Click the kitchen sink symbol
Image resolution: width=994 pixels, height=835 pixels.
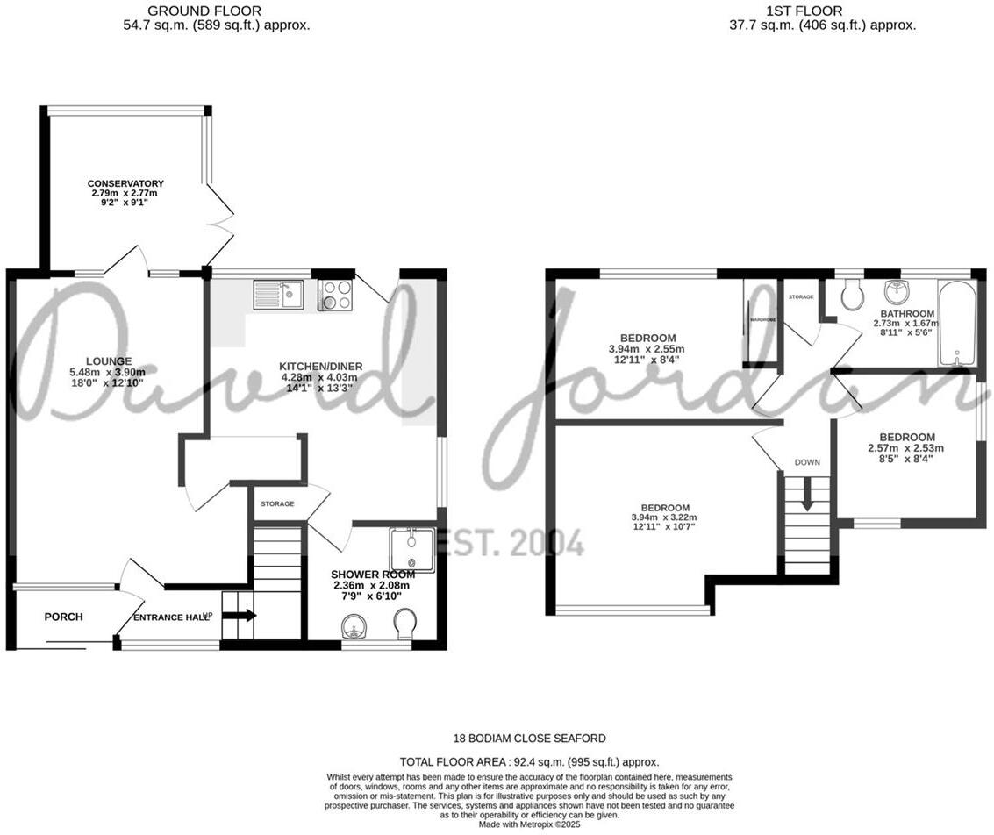(x=278, y=294)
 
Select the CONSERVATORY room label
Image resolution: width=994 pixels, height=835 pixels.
(x=125, y=184)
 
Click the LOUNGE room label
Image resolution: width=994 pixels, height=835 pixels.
(x=109, y=361)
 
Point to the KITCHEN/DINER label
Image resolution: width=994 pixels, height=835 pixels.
(x=320, y=367)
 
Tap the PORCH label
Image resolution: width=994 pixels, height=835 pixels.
(x=64, y=617)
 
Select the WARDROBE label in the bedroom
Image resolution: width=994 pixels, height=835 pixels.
(x=762, y=320)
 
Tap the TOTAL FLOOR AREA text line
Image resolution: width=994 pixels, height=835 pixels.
(x=529, y=762)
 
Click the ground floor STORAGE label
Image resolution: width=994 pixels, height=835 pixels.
(x=276, y=504)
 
